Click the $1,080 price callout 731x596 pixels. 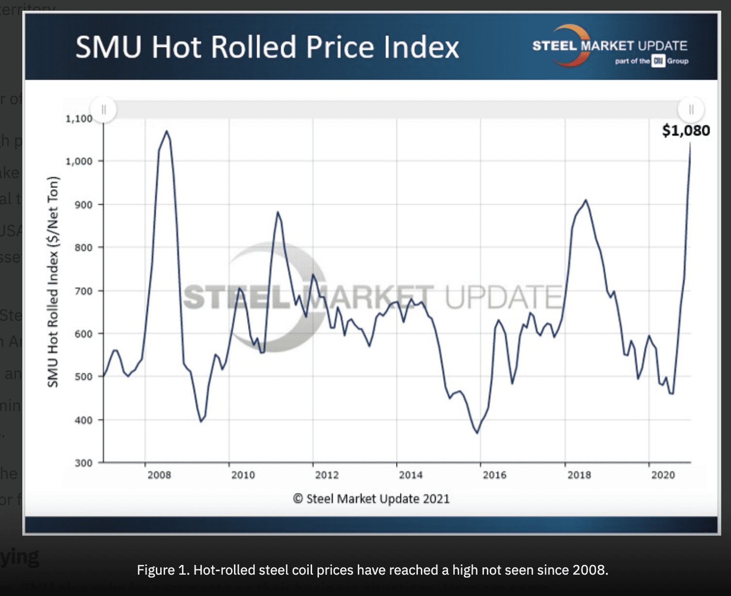point(685,131)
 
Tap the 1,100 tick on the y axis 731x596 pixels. point(79,118)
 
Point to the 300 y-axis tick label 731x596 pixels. point(83,463)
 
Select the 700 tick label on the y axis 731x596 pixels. point(83,291)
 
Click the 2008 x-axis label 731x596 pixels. point(159,475)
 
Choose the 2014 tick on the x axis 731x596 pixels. point(411,475)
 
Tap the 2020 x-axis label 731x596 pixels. point(663,475)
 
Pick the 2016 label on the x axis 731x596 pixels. point(494,475)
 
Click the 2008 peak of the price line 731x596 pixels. point(166,131)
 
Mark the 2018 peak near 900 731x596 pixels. point(586,200)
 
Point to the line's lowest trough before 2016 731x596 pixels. point(478,433)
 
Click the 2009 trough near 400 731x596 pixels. point(201,421)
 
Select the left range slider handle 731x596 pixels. point(103,110)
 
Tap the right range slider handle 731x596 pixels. point(691,110)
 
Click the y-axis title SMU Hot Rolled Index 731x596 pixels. point(53,281)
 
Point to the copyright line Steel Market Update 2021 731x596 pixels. point(371,499)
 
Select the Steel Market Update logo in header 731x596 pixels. point(610,47)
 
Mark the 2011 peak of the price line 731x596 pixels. point(278,212)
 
